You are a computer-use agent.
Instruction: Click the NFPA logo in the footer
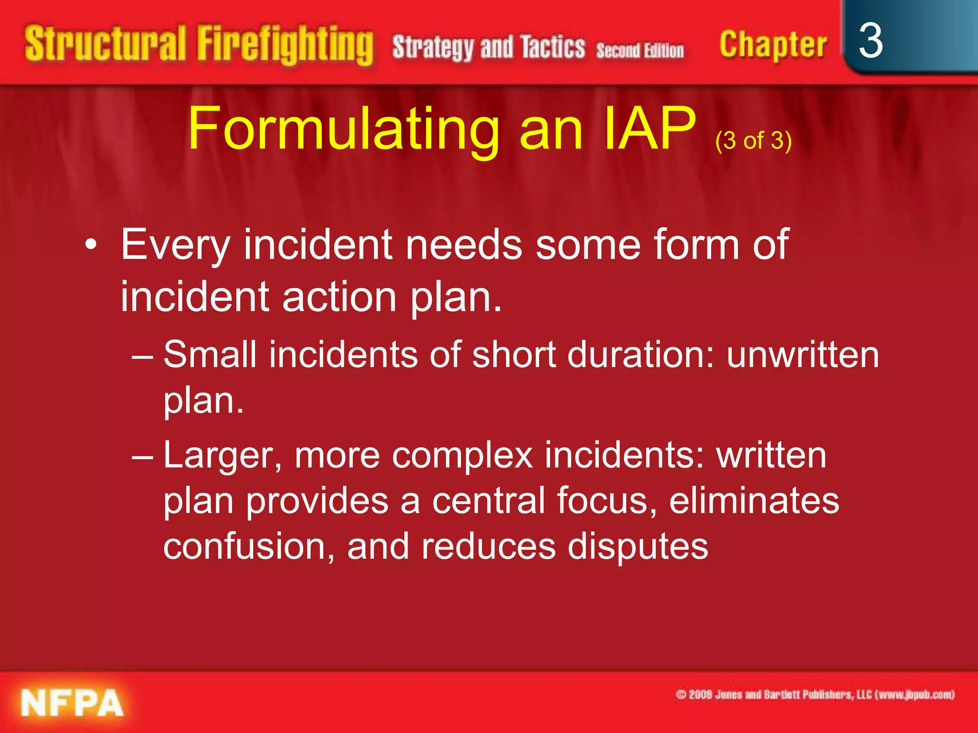[72, 703]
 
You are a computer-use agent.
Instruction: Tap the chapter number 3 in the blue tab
[870, 42]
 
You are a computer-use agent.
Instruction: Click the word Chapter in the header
[773, 45]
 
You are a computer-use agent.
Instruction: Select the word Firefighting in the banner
[285, 45]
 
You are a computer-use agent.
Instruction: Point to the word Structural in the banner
[105, 44]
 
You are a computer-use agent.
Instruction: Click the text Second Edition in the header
[639, 50]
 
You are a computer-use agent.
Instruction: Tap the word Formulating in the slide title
[343, 129]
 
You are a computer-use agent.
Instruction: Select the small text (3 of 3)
[754, 141]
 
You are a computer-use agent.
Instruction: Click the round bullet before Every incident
[91, 245]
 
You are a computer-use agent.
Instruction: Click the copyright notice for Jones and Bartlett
[815, 694]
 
